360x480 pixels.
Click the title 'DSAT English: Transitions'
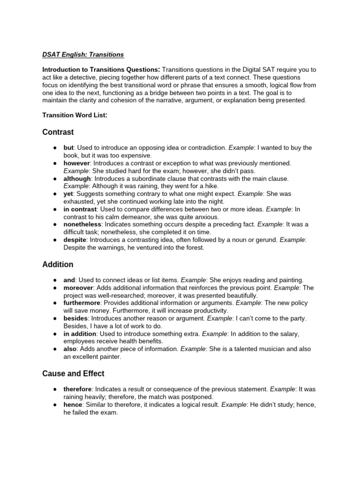point(83,55)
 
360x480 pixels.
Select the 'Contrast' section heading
point(58,132)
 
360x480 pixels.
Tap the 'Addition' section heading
point(58,265)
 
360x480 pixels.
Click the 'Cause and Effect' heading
point(73,374)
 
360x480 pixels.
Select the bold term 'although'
point(77,179)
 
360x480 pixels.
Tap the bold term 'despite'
point(75,240)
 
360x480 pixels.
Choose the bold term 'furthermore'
point(82,303)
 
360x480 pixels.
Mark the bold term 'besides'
point(76,318)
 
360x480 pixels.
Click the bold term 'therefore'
point(78,389)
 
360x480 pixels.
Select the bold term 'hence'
point(73,404)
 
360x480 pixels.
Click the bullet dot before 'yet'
point(55,194)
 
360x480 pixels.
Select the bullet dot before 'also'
point(55,349)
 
